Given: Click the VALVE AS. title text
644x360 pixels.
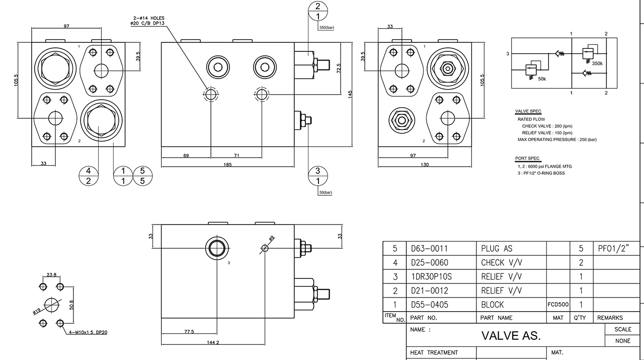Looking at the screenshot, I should tap(511, 336).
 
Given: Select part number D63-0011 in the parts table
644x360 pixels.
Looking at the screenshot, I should tap(429, 248).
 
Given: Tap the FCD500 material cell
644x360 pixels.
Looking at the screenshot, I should tap(558, 305).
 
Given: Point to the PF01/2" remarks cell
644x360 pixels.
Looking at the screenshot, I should tap(613, 248).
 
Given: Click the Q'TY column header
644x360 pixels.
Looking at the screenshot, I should tap(580, 318).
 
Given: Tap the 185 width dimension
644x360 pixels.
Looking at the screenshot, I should tap(228, 164).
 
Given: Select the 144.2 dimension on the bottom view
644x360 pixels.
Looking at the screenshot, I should tap(213, 342).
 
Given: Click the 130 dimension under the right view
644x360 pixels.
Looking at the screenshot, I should tap(425, 164).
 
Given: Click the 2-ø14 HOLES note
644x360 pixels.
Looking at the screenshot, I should tap(147, 18).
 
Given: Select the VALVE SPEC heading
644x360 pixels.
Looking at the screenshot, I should tap(528, 111).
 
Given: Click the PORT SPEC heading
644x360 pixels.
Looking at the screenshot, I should tap(527, 158).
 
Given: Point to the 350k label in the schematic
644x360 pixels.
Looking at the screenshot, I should tap(597, 64).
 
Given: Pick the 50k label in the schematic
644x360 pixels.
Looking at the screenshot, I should tap(542, 79).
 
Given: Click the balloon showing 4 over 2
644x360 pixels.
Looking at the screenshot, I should tap(89, 176).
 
